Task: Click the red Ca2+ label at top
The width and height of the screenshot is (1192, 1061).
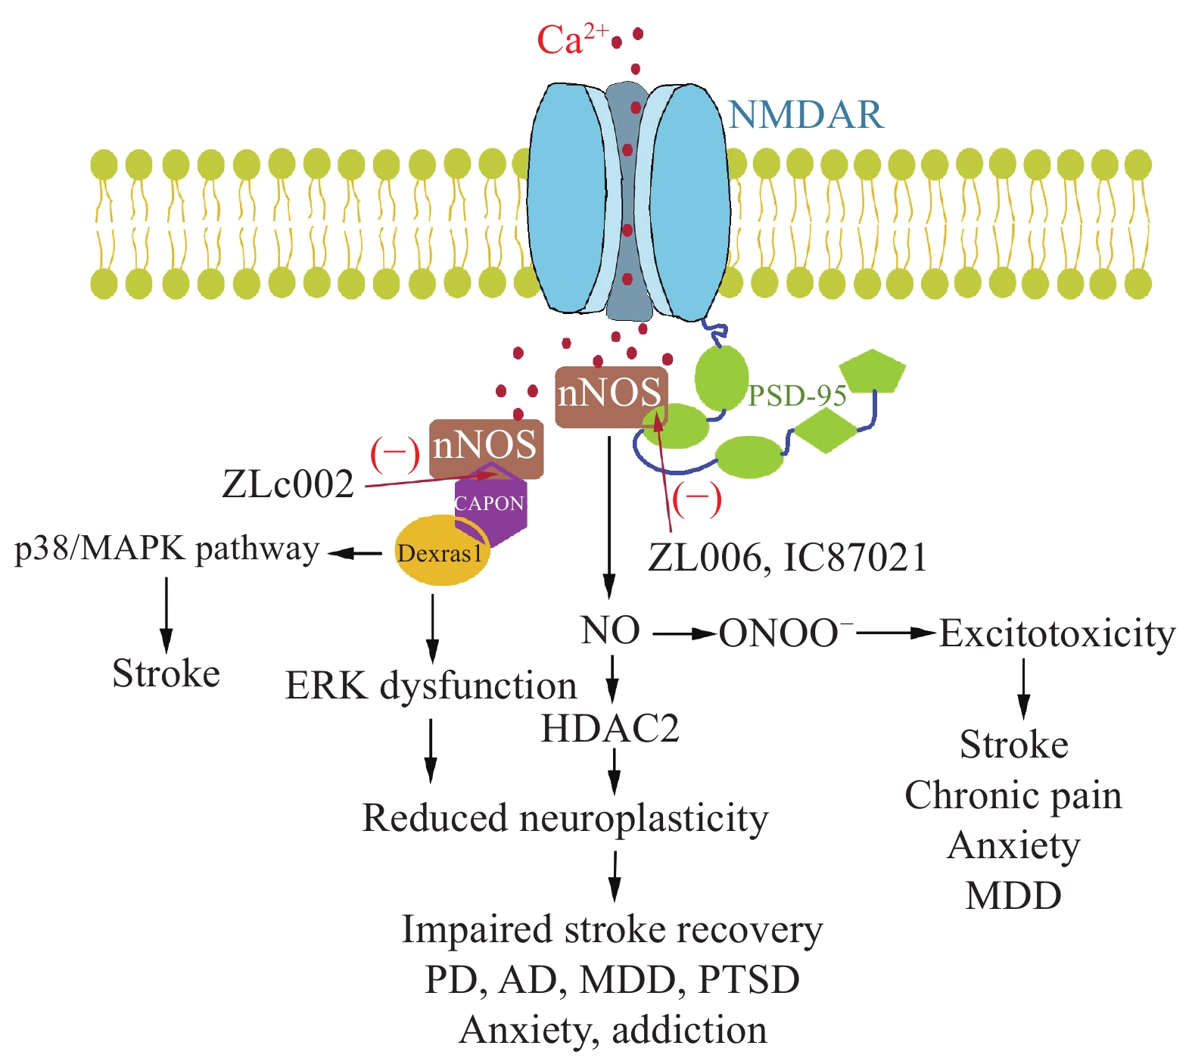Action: (569, 39)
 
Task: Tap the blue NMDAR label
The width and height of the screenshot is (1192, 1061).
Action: (806, 115)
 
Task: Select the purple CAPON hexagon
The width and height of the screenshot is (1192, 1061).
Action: (490, 504)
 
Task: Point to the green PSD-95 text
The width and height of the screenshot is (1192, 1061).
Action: (797, 396)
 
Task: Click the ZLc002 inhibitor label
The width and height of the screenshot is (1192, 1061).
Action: (288, 484)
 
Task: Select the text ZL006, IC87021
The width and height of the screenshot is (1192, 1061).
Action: (787, 559)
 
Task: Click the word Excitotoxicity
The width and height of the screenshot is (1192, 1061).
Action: (1057, 633)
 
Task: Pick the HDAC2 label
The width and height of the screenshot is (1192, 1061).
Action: (610, 729)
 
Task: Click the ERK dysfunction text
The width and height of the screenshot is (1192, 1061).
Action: (431, 686)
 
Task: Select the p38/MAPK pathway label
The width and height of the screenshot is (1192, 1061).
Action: (167, 549)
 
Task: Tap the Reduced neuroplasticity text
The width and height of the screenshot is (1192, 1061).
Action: (565, 818)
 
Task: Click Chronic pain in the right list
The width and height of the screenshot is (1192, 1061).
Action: (1013, 795)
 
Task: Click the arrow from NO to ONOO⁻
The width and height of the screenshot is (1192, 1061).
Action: (684, 633)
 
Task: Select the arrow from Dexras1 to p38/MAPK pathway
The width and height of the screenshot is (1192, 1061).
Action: (356, 553)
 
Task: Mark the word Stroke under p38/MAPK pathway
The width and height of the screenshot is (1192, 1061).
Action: (166, 674)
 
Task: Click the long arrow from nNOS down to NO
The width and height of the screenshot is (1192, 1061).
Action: (609, 515)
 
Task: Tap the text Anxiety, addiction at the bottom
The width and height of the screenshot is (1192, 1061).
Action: (613, 1030)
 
